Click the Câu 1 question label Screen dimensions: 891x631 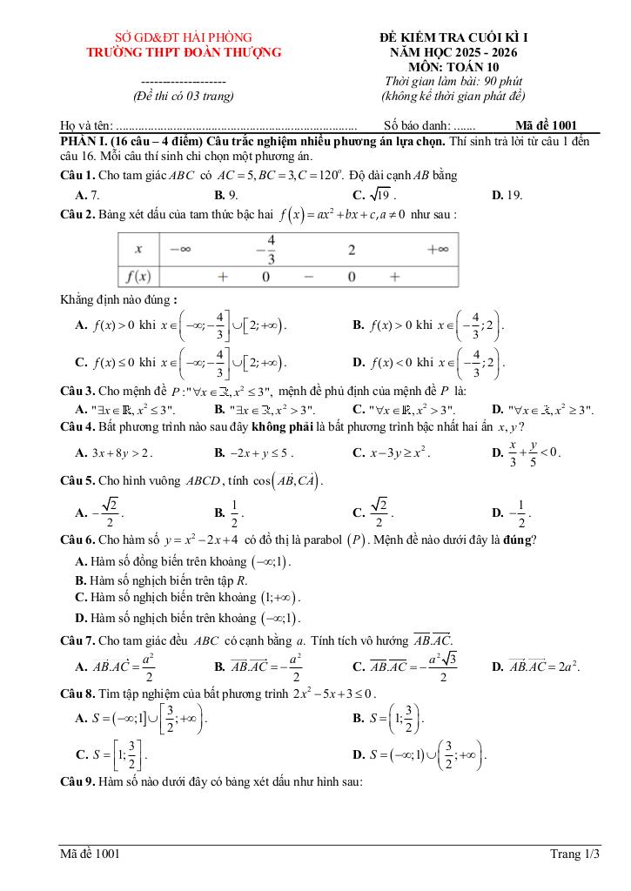77,175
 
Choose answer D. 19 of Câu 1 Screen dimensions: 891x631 507,195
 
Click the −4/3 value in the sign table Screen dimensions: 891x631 271,248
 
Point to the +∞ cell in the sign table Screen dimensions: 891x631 438,249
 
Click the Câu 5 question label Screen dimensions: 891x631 77,480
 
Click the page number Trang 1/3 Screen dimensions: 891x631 575,854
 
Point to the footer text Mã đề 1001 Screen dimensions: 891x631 90,854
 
